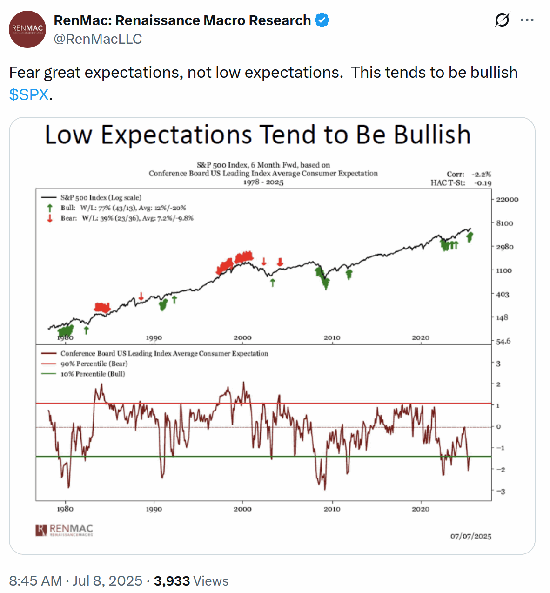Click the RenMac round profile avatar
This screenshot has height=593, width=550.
pyautogui.click(x=28, y=29)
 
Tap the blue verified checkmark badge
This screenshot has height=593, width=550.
pyautogui.click(x=322, y=20)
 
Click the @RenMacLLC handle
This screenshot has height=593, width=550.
pyautogui.click(x=98, y=39)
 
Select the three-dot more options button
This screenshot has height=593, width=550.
pyautogui.click(x=527, y=20)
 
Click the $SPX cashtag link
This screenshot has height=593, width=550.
pyautogui.click(x=29, y=94)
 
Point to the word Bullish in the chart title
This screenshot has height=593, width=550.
pyautogui.click(x=432, y=135)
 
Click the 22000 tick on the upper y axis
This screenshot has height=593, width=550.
pyautogui.click(x=507, y=199)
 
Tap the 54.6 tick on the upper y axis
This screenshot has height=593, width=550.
pyautogui.click(x=503, y=341)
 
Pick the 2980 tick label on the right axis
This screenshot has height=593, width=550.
pyautogui.click(x=504, y=247)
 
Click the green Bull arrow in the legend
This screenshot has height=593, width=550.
pyautogui.click(x=50, y=208)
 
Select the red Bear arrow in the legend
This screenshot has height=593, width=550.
pyautogui.click(x=50, y=218)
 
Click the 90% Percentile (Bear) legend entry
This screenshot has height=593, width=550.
pyautogui.click(x=94, y=364)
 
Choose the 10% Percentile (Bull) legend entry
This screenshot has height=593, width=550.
pyautogui.click(x=93, y=374)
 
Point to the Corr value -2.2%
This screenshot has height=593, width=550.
pyautogui.click(x=481, y=174)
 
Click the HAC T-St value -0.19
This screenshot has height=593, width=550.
pyautogui.click(x=483, y=183)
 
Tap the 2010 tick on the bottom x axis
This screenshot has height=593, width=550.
pyautogui.click(x=332, y=509)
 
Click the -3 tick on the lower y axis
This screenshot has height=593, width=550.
pyautogui.click(x=500, y=492)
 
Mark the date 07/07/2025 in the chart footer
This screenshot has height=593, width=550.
pyautogui.click(x=470, y=536)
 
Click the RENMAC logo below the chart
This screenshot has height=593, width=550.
pyautogui.click(x=65, y=530)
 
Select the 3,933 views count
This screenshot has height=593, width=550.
pyautogui.click(x=172, y=581)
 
